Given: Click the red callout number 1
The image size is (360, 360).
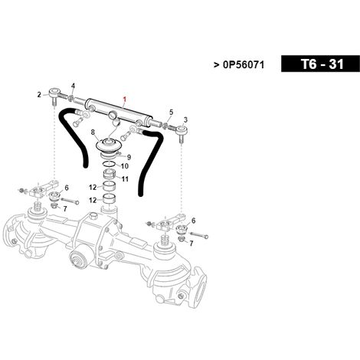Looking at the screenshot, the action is (125, 99).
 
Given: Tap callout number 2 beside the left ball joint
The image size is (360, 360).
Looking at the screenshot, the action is (39, 95).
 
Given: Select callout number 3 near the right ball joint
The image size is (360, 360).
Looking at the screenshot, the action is (185, 119).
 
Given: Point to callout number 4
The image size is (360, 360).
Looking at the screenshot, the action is (73, 86).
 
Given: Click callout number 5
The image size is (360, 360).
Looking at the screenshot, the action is (172, 112).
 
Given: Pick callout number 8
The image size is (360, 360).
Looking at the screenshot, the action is (93, 133).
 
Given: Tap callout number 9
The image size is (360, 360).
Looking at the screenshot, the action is (129, 157).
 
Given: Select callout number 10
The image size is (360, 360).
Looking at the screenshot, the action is (125, 166).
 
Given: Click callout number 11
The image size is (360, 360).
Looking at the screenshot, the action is (125, 179).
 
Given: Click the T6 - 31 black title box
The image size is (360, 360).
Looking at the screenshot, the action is (320, 64).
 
